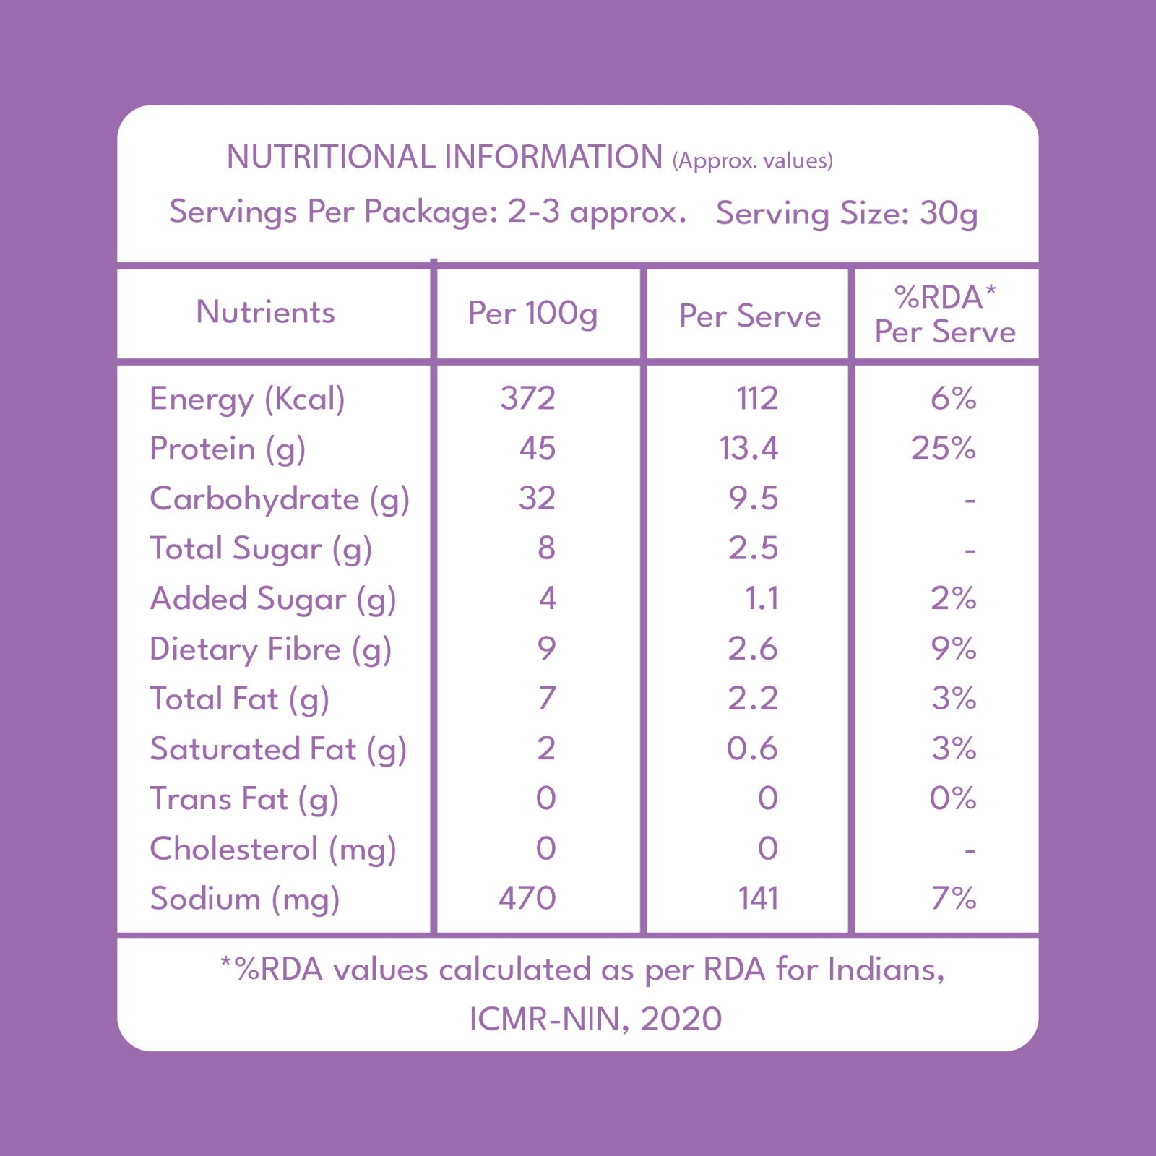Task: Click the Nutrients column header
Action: tap(265, 312)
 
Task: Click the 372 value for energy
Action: tap(527, 399)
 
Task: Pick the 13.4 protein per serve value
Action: tap(749, 449)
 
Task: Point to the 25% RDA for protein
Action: tap(944, 449)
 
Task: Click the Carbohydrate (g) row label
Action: tap(280, 500)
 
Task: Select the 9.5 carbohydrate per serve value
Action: tap(753, 499)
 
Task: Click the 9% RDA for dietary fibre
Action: tap(954, 649)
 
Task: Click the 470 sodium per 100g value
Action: tap(527, 899)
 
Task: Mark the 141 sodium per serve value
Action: tap(758, 899)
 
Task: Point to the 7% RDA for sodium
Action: tap(954, 899)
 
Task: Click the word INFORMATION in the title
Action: tap(553, 158)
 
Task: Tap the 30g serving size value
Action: tap(949, 215)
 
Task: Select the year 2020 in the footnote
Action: tap(681, 1019)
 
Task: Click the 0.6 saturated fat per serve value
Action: tap(752, 749)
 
